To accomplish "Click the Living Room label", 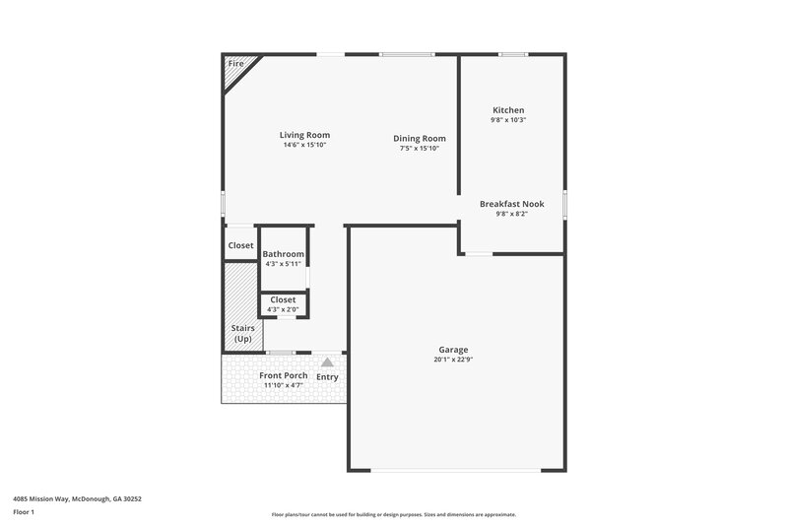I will pos(304,135).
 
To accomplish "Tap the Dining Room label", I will pos(420,139).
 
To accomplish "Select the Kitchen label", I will pos(508,110).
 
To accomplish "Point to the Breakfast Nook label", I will pos(511,204).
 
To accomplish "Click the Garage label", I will pos(453,350).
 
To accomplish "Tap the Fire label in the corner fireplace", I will pos(235,64).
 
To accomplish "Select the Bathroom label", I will pos(284,254).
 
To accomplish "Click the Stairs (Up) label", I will pos(242,333).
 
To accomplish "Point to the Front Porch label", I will pos(284,375).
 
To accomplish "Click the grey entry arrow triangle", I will pos(327,362).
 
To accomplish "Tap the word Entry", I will pos(327,377).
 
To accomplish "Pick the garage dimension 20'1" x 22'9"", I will pos(453,360).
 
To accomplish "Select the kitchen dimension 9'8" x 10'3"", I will pos(508,120).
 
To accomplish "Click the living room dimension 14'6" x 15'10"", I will pos(304,145).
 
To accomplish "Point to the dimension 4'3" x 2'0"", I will pos(283,309).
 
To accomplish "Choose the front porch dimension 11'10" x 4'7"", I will pos(283,385).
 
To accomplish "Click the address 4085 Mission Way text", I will pos(78,499).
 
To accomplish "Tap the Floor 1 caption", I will pos(25,512).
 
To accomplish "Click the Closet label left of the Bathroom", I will pos(241,245).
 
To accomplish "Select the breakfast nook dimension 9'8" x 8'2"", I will pos(511,214).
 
